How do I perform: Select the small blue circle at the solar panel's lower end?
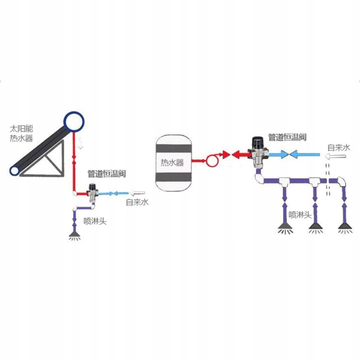coord(14,171)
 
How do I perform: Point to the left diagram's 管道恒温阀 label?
coord(107,174)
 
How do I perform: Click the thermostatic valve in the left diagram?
coord(93,192)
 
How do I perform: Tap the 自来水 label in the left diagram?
coord(137,202)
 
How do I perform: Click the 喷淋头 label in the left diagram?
coord(95,221)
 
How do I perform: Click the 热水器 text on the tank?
coord(172,163)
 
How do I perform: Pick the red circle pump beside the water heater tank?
coord(212,161)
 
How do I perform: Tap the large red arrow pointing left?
coord(239,154)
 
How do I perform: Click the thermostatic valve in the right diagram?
coord(259,151)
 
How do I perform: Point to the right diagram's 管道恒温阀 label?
coord(287,137)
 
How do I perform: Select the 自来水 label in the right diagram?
coord(339,147)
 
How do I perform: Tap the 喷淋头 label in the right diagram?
coord(300,215)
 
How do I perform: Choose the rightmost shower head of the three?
coord(345,229)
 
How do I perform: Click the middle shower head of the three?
coord(315,229)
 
